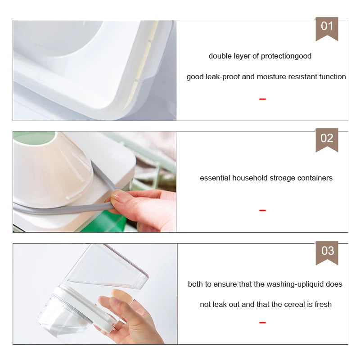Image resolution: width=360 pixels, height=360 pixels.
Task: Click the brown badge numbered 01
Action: (327, 27)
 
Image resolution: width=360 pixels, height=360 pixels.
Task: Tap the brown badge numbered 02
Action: (327, 139)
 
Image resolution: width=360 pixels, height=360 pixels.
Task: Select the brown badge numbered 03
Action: (327, 251)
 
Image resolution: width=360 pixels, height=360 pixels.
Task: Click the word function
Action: (333, 77)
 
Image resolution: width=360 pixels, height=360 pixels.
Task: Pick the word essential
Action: (215, 178)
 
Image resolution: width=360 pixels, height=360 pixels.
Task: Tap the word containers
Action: (314, 178)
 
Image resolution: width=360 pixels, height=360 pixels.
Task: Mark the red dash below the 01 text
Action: (262, 99)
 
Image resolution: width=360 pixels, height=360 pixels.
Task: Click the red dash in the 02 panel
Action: (262, 210)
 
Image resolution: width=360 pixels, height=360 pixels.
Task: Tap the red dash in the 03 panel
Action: (262, 322)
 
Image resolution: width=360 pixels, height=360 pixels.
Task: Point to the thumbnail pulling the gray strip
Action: (118, 197)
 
